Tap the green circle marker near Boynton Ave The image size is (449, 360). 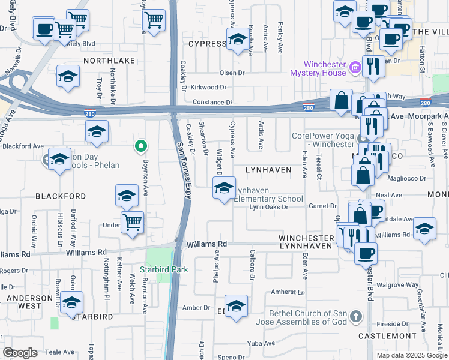point(140,146)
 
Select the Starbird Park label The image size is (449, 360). point(164,269)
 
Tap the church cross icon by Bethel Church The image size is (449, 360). point(356,316)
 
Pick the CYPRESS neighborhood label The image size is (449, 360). point(207,44)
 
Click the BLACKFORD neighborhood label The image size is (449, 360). point(61,196)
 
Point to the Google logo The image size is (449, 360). point(20,353)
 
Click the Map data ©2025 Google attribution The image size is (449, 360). point(411,355)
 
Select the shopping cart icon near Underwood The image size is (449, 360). point(132,222)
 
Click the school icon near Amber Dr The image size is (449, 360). point(237,306)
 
